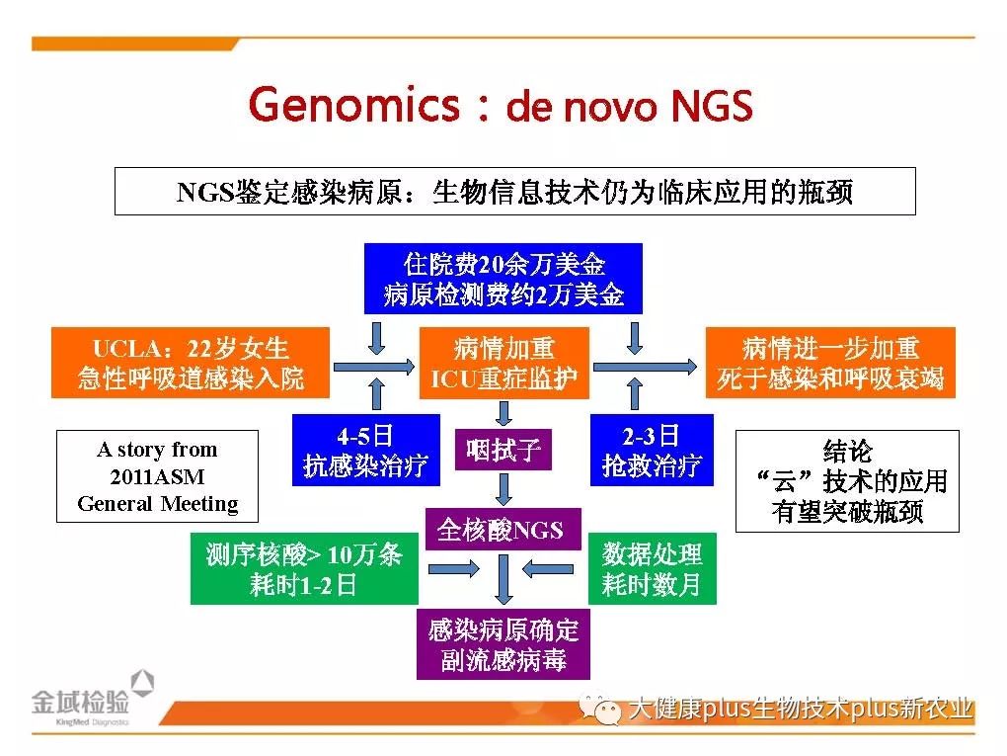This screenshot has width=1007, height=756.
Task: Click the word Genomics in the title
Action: (x=353, y=105)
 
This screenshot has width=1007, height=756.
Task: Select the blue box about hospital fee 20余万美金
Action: (x=503, y=279)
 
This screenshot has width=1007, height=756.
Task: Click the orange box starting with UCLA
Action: (x=191, y=363)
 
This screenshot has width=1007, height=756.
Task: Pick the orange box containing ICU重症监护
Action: (x=504, y=363)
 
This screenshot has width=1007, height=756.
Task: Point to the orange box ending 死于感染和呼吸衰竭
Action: (x=830, y=363)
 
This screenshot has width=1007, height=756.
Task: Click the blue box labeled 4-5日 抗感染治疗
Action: (x=366, y=450)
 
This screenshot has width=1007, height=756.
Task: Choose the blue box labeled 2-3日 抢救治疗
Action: (x=652, y=450)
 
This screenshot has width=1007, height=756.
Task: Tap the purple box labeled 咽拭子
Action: (x=503, y=450)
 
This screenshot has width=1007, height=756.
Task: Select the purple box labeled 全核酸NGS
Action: (x=503, y=529)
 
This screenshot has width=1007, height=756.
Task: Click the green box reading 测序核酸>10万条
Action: (x=304, y=568)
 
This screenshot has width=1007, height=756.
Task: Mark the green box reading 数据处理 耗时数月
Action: (x=652, y=568)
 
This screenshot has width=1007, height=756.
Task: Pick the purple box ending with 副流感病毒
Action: (x=503, y=644)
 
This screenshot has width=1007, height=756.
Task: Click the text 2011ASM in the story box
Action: (x=157, y=476)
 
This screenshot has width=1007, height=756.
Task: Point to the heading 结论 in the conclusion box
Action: (x=847, y=451)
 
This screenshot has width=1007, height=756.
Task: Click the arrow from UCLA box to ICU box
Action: (x=374, y=367)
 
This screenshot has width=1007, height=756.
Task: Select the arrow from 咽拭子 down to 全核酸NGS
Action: (x=504, y=489)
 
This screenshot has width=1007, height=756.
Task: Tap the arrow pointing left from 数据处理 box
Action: (x=548, y=569)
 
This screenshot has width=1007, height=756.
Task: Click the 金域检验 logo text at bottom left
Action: (x=80, y=702)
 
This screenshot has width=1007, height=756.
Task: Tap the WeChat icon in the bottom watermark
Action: (x=600, y=708)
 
